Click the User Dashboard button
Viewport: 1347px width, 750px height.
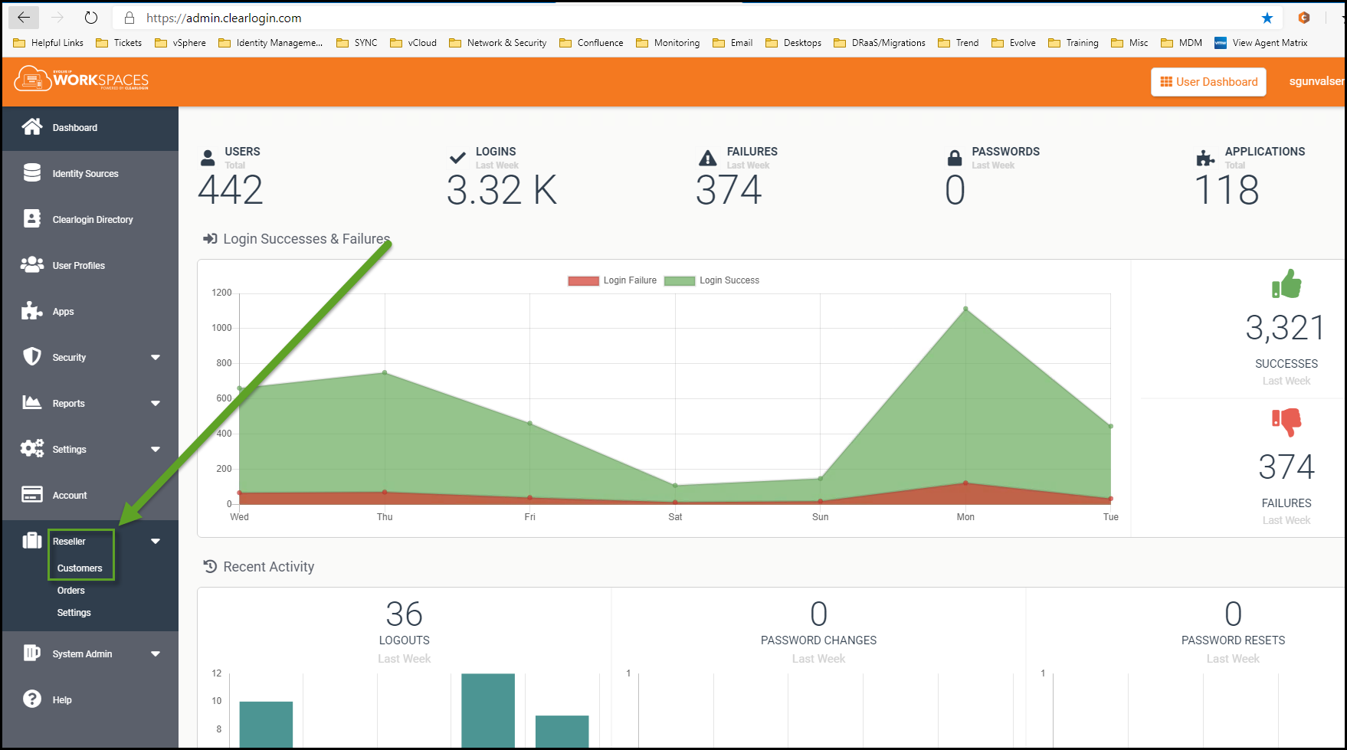coord(1208,82)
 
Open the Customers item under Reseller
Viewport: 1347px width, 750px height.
coord(80,568)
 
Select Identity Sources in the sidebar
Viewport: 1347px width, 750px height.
coord(85,174)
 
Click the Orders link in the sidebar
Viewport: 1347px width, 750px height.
coord(71,591)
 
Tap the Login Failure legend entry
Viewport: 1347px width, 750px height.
coord(612,280)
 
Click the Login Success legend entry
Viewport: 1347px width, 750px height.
coord(712,280)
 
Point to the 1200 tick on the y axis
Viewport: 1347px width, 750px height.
coord(221,293)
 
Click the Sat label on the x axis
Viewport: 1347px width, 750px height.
coord(675,517)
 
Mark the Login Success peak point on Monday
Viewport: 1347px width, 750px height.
coord(965,309)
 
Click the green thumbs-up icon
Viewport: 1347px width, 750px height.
coord(1286,284)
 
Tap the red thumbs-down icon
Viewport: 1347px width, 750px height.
coord(1286,421)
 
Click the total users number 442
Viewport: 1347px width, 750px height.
coord(231,190)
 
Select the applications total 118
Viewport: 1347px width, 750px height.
coord(1227,190)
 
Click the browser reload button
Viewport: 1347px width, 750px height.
coord(91,18)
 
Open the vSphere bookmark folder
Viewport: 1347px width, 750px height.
coord(181,43)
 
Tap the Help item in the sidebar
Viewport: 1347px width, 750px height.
coord(62,700)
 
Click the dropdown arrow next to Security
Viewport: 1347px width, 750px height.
coord(156,358)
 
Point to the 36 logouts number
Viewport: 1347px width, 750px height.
coord(404,614)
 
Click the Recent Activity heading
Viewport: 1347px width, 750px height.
coord(268,567)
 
